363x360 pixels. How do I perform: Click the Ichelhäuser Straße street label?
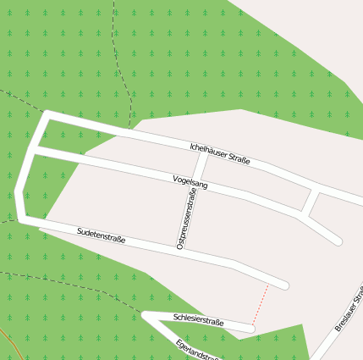tap(220, 154)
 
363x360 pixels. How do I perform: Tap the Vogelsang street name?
tap(190, 182)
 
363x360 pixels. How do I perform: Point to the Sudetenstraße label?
tap(101, 235)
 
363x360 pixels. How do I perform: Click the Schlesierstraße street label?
tap(198, 321)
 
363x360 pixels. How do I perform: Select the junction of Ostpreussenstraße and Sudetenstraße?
tap(180, 250)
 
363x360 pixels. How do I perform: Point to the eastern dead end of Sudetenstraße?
tap(285, 285)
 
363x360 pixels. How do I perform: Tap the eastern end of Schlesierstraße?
tap(250, 327)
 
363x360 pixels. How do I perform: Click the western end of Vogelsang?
tap(36, 151)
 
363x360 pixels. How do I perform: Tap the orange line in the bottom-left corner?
tap(7, 342)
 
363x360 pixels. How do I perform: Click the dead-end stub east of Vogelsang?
tap(335, 239)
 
